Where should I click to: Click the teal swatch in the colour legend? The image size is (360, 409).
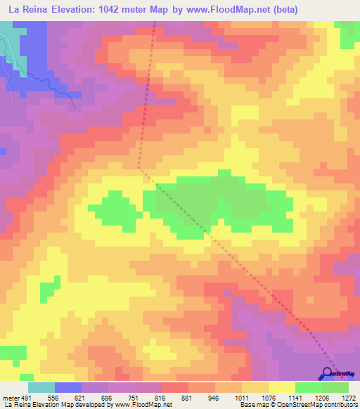click(41, 387)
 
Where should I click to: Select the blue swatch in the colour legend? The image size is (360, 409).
click(68, 387)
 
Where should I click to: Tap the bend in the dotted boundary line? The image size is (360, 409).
click(140, 168)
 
